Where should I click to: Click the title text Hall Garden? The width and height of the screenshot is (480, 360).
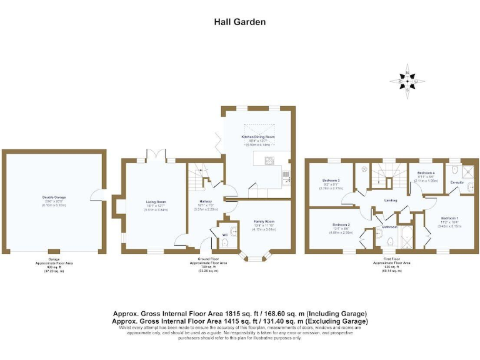pyautogui.click(x=240, y=22)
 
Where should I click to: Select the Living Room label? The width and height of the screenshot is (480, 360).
pyautogui.click(x=156, y=202)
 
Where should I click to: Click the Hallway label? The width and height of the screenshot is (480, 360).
pyautogui.click(x=206, y=201)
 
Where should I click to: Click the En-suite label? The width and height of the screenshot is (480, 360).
pyautogui.click(x=457, y=182)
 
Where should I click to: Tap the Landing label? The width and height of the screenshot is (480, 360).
pyautogui.click(x=391, y=200)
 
